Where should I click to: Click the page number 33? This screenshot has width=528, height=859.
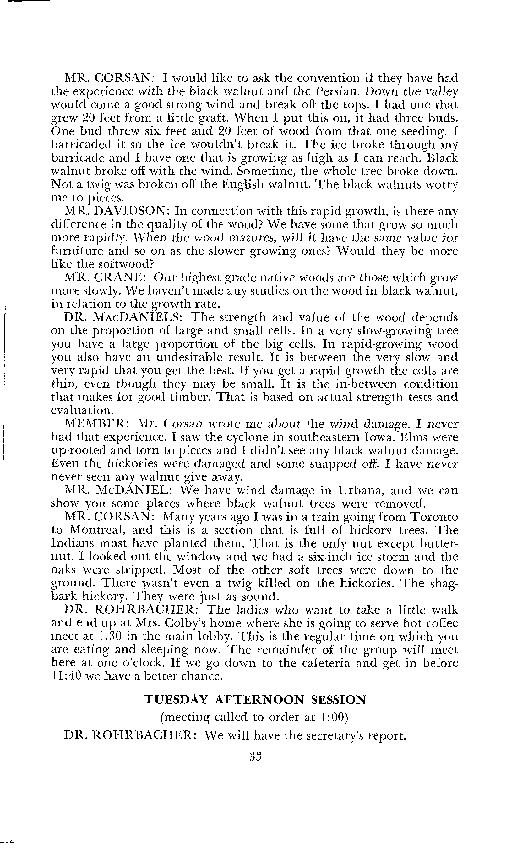coord(256,756)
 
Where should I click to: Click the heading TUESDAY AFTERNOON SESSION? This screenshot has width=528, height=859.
coord(255,700)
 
